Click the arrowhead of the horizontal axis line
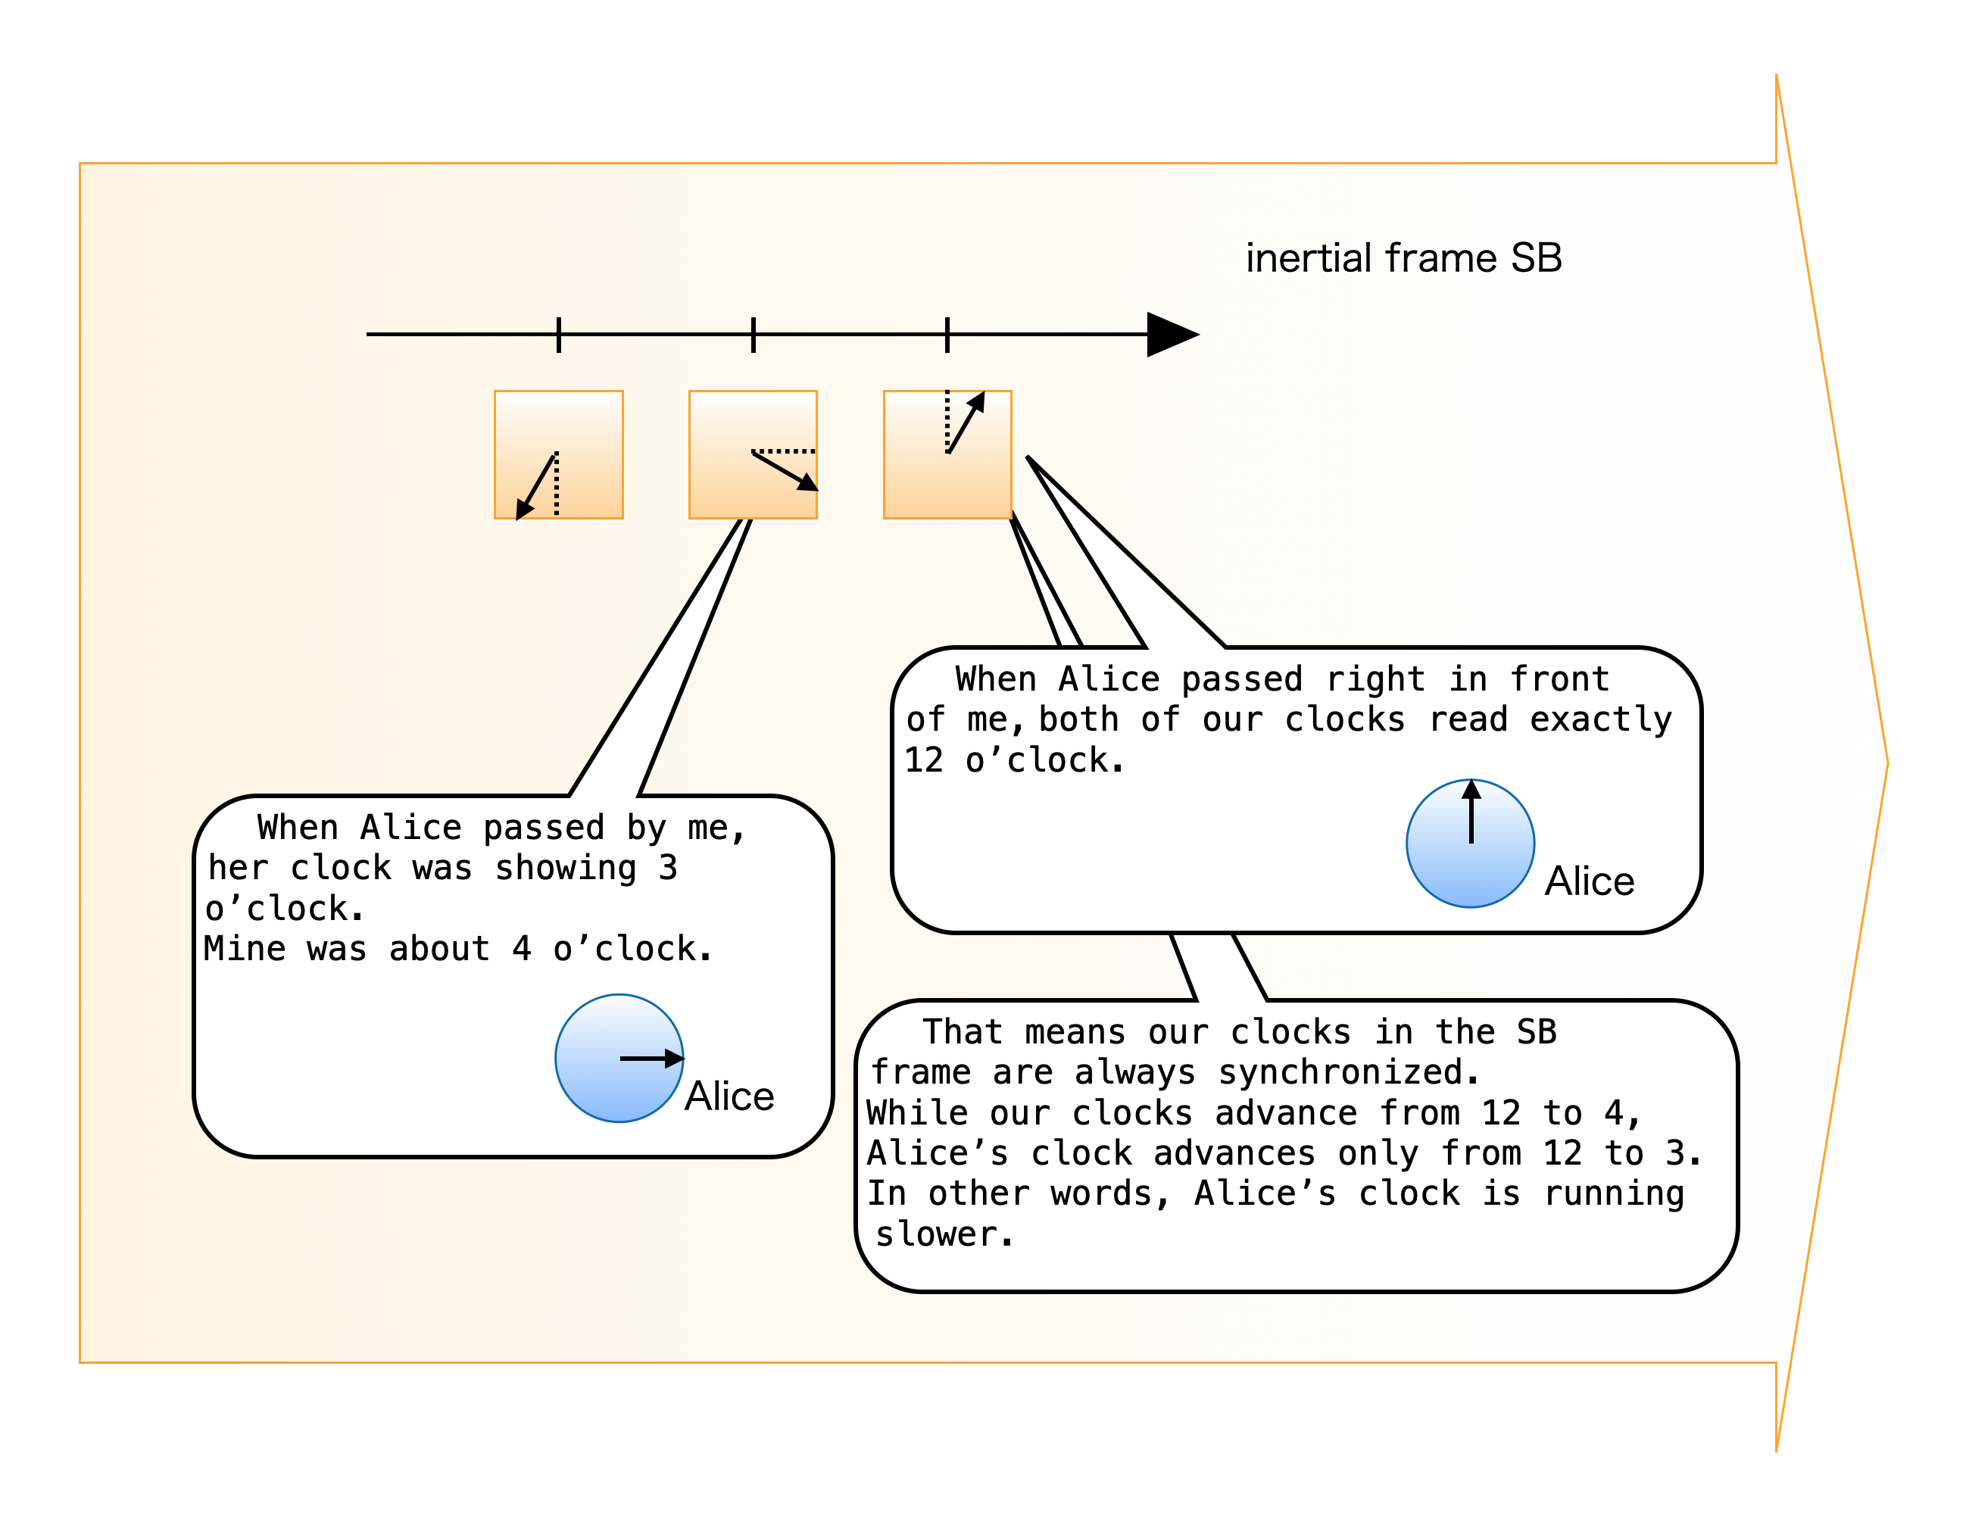point(1171,335)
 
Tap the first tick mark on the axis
point(559,335)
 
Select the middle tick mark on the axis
point(753,335)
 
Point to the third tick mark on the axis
point(947,335)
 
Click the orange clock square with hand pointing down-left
point(558,454)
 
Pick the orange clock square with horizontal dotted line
point(753,454)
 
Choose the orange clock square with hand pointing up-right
point(947,454)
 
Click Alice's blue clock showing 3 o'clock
point(619,1057)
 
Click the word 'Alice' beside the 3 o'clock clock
point(729,1096)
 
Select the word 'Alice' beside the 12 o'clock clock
point(1590,881)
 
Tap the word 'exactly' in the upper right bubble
point(1600,719)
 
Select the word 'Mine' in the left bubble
point(245,949)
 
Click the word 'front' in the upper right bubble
point(1560,678)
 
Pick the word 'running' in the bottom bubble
point(1614,1193)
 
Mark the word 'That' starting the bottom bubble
point(962,1032)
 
